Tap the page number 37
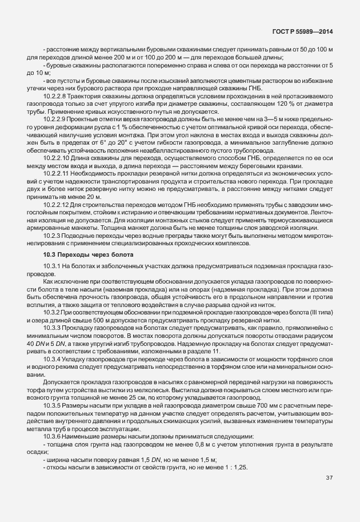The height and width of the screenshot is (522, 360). point(329,493)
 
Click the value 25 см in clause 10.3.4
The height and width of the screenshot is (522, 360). point(131,397)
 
